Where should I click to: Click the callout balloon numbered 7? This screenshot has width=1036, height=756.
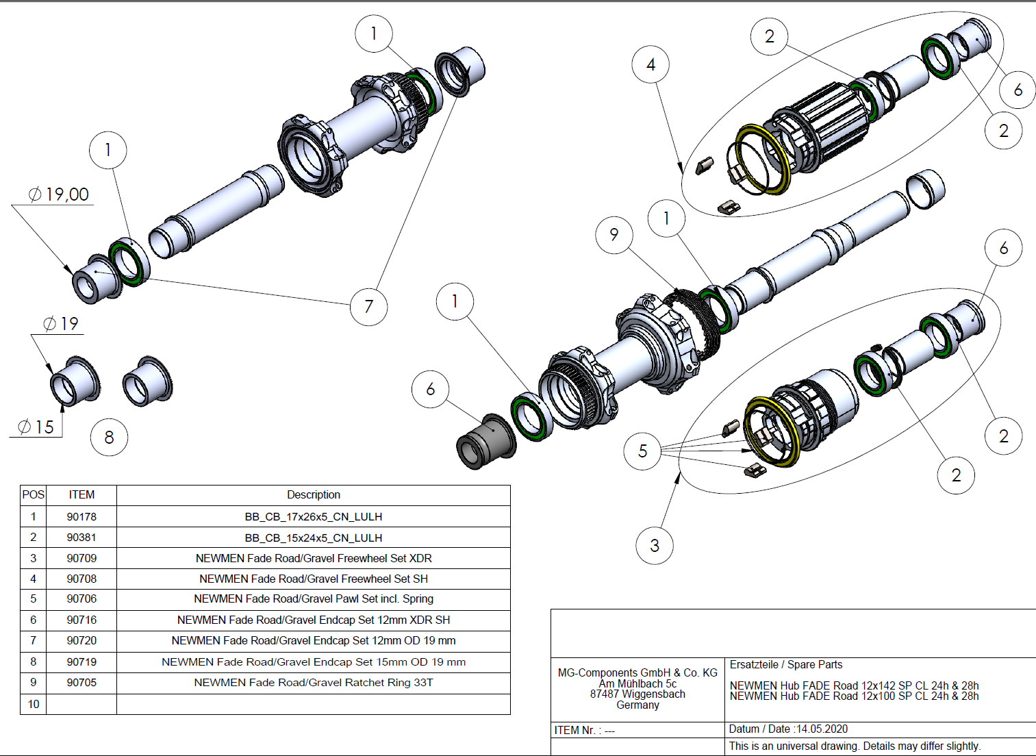(368, 306)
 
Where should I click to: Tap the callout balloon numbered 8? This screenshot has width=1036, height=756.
(109, 437)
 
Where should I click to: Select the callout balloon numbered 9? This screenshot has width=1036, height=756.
(614, 235)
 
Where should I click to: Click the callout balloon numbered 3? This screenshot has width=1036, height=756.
(655, 545)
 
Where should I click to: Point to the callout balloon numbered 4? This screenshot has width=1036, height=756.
(650, 64)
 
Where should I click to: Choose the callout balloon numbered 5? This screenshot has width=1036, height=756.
(642, 451)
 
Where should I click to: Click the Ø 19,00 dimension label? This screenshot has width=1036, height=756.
(59, 194)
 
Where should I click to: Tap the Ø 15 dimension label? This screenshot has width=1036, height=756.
(36, 427)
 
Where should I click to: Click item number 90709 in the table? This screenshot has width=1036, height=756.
(81, 558)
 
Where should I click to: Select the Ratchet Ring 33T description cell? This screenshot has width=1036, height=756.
(314, 683)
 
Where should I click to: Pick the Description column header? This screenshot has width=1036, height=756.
(314, 494)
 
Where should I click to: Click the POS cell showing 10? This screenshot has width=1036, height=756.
(34, 704)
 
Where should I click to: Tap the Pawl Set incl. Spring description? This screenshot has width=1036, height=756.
(314, 599)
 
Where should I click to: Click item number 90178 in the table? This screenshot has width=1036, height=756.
(81, 516)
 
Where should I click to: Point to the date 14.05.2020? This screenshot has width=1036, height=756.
(822, 729)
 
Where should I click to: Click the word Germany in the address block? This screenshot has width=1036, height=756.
(637, 705)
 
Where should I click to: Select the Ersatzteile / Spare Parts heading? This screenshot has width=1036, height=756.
(786, 664)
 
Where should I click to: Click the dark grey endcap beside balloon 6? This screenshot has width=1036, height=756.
(485, 442)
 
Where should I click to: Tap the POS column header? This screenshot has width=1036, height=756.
(34, 494)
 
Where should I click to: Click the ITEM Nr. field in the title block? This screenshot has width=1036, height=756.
(585, 730)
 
